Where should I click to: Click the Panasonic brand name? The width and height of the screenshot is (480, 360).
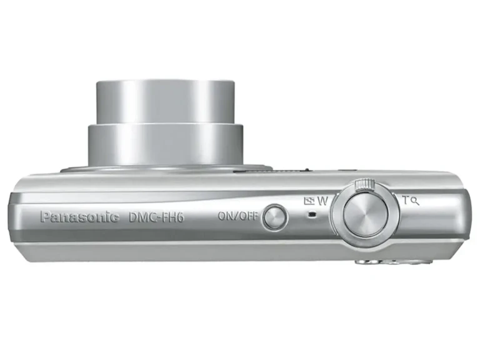pos(79,217)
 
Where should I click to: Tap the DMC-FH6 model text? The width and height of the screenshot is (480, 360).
pos(156,217)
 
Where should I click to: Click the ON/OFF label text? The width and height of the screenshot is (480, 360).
pos(238,216)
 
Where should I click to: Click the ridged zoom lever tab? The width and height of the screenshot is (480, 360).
pos(364,184)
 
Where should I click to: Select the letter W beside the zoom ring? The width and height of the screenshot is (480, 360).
pos(322,201)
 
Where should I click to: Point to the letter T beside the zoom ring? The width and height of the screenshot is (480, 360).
pos(406,200)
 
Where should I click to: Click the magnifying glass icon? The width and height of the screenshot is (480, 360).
pos(415,202)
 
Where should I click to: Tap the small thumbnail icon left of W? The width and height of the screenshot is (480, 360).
pos(309,201)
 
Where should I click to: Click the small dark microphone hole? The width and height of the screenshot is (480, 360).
pos(312,214)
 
